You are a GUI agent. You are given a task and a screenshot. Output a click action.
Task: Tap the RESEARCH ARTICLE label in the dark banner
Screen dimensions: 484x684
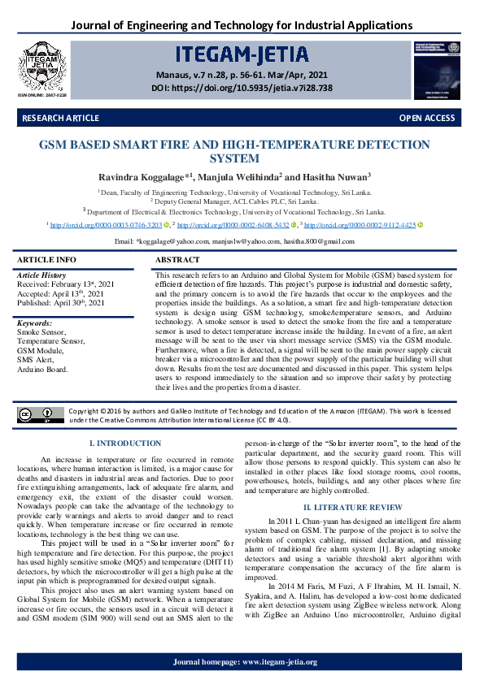(61, 119)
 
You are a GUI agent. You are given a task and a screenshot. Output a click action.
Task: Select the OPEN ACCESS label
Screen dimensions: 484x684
(426, 119)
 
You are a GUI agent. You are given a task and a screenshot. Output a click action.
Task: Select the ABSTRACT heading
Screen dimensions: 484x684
(177, 260)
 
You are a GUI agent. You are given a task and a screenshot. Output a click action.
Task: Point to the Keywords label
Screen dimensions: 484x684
(35, 323)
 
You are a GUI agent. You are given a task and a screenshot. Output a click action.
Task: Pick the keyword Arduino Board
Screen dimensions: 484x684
(43, 369)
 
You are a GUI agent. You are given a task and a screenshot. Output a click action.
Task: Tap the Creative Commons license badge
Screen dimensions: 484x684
(41, 415)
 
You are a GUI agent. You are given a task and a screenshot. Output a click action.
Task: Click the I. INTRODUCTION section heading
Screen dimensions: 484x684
(124, 444)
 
